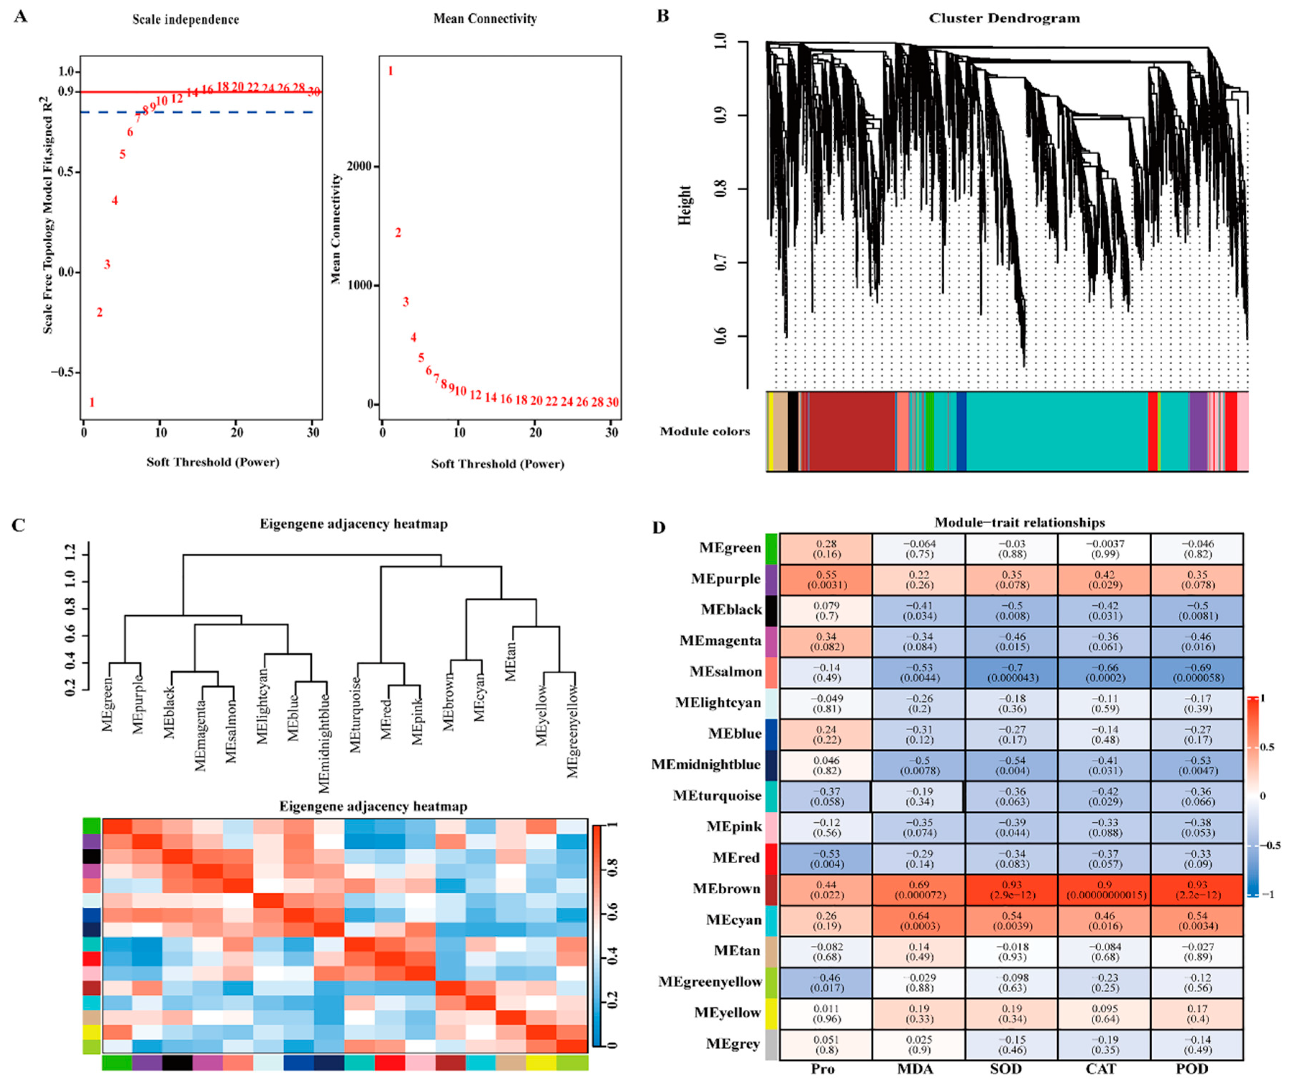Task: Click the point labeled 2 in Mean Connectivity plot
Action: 398,232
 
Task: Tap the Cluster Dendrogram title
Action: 1004,18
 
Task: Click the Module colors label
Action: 705,431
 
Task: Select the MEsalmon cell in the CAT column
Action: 1104,672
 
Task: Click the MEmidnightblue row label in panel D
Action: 706,765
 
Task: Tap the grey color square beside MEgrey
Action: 771,1044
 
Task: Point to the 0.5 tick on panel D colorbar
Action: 1266,747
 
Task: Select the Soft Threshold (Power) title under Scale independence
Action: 213,462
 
